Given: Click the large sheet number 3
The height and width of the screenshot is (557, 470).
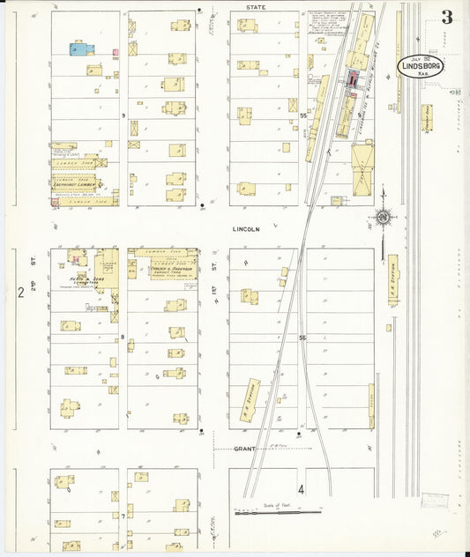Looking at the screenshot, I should point(447,17).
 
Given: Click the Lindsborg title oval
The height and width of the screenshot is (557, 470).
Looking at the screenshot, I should point(421,67).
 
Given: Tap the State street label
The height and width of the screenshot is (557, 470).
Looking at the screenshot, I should point(256,6).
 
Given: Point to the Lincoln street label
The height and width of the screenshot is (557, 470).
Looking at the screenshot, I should point(246,229).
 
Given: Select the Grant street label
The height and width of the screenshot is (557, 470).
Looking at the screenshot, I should point(244,449).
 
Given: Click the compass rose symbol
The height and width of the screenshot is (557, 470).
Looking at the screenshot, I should point(383,218).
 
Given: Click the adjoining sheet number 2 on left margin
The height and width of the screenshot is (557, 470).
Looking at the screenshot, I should point(19,292).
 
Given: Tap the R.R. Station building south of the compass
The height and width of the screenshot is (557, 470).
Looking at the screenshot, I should point(392,279).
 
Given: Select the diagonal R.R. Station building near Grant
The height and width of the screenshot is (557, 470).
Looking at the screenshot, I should point(250,399).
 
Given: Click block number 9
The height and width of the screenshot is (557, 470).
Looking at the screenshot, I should point(124,115).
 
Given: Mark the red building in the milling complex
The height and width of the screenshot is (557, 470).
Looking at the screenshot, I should point(354,80).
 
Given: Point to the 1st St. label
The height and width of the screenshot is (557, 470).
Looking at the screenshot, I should point(214,264).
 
